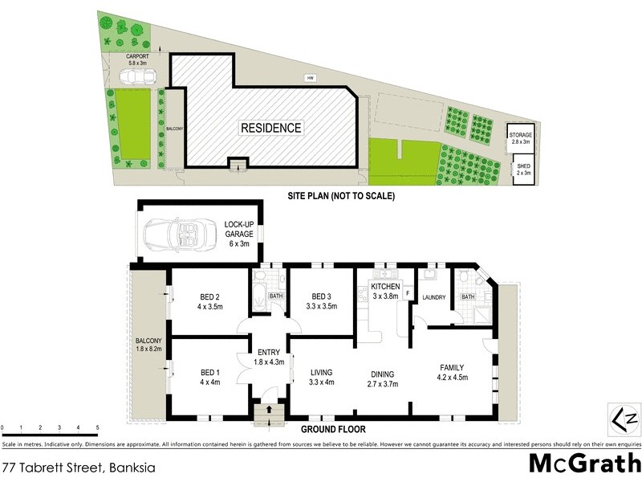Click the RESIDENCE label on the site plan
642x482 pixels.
tap(270, 128)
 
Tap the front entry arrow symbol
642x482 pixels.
tap(269, 410)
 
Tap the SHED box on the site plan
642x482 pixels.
tap(523, 170)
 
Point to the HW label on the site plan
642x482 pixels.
tap(308, 78)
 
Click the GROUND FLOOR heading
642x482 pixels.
tap(328, 430)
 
